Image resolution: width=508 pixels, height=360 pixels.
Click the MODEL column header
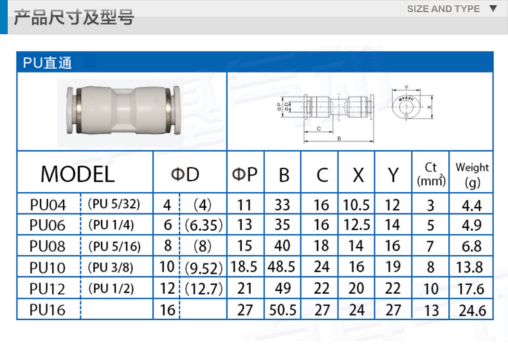pos(77,174)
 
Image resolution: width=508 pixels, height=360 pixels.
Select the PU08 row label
pos(48,246)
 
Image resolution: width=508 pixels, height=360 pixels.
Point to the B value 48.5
pos(282,267)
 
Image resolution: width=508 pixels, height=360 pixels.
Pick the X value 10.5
pos(356,205)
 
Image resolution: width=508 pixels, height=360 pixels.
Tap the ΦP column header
pos(244,174)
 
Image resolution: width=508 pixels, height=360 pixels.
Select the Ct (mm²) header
pos(431,174)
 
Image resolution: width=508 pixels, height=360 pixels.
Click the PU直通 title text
pos(47,63)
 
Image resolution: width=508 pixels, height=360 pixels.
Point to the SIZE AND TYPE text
pos(444,9)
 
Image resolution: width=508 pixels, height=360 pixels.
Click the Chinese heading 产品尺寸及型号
pos(73,17)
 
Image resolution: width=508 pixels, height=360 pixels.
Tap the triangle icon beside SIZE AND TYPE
pos(493,9)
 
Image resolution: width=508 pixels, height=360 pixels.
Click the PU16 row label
pos(48,310)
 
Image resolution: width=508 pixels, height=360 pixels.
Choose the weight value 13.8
pos(471,267)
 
